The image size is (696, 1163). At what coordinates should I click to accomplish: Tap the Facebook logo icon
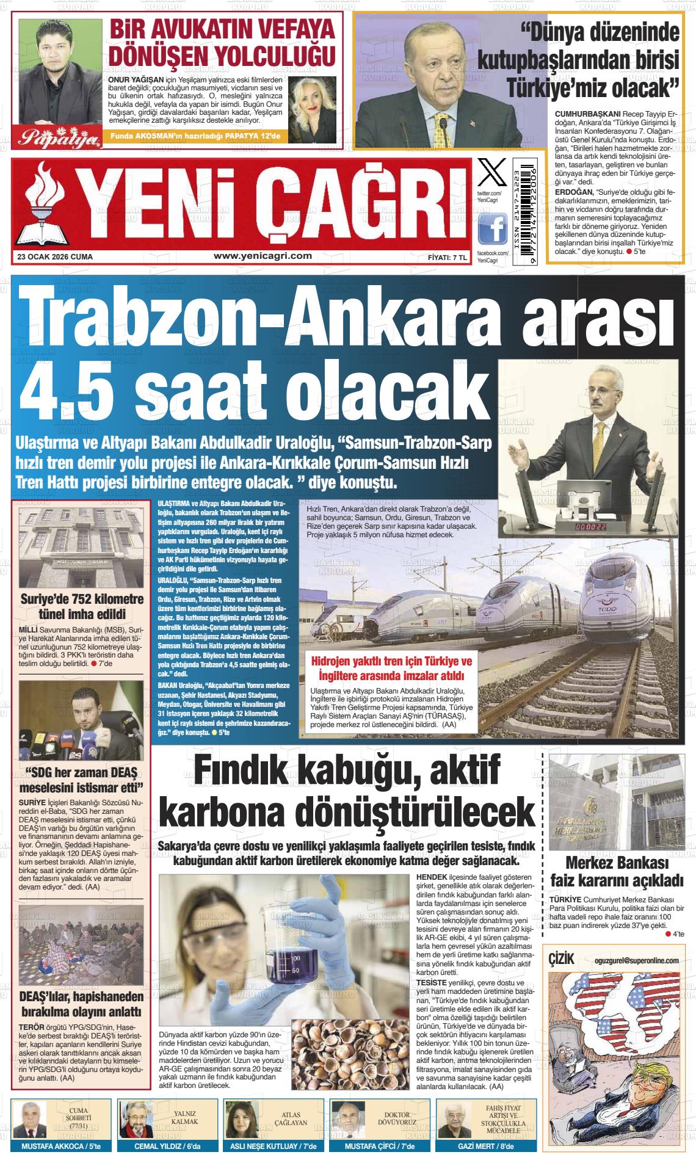pos(492,230)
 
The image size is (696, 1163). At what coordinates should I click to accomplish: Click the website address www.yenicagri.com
pos(263,256)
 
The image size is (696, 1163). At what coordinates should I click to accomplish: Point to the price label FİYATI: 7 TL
pos(447,257)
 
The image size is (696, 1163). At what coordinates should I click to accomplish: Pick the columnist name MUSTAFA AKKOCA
pos(52,1147)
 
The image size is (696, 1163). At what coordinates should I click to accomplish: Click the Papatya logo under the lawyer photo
pos(60,139)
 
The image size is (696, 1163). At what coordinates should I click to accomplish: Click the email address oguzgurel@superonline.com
pos(636,960)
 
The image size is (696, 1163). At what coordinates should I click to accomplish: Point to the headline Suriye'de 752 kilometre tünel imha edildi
pos(82,605)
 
